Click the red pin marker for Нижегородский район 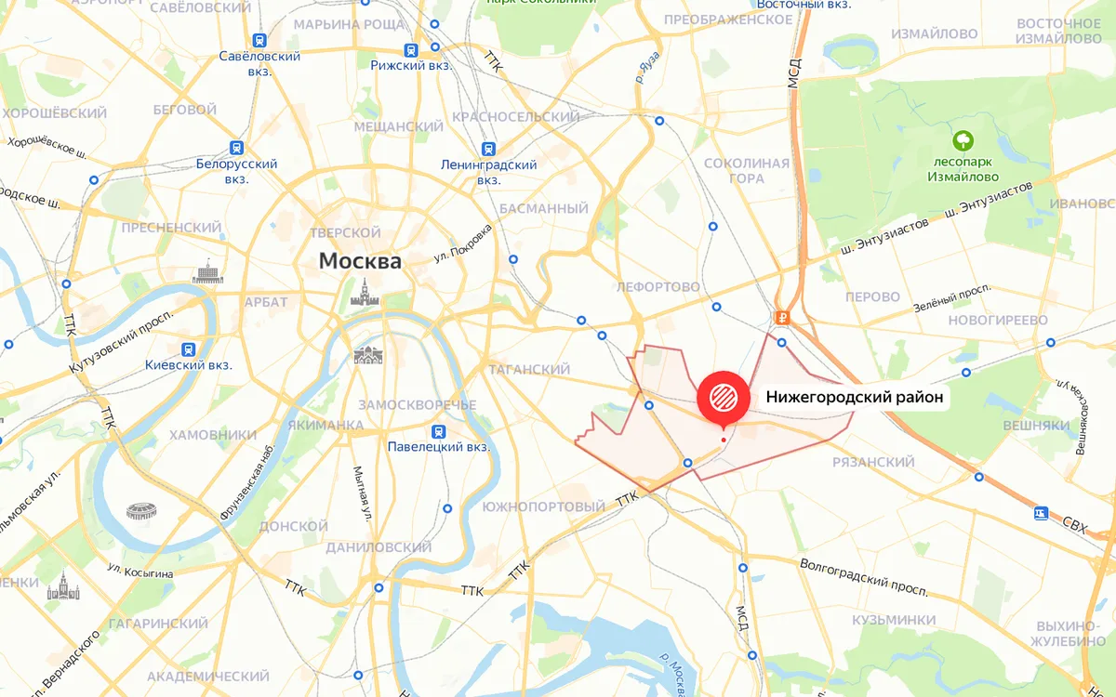724,398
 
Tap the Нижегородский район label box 855,398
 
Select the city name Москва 360,261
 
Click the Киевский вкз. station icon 189,349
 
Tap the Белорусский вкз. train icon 237,148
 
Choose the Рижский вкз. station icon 410,50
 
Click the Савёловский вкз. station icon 259,40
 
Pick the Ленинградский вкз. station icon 488,149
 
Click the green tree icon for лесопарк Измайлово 963,142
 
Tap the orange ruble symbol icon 783,318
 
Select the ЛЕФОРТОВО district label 658,287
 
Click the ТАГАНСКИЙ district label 528,370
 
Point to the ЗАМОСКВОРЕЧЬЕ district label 417,405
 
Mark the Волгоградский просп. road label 863,577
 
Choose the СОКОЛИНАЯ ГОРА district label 746,171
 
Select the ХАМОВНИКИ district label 213,434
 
